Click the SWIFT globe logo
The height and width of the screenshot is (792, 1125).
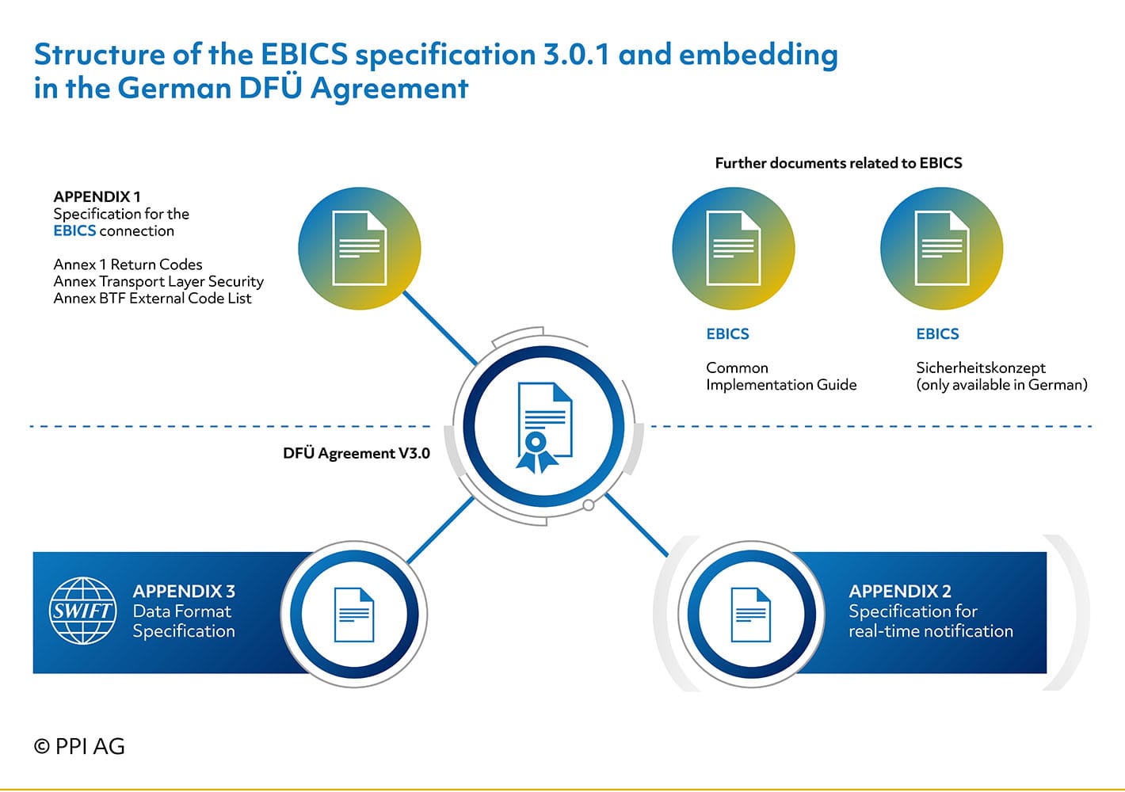tap(83, 611)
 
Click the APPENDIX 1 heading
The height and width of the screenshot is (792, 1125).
tap(97, 196)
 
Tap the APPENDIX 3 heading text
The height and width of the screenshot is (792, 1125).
tap(184, 591)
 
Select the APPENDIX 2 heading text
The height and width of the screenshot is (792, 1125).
tap(900, 591)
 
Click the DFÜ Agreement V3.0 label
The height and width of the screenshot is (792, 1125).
tap(357, 453)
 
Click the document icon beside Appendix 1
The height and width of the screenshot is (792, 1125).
tap(359, 248)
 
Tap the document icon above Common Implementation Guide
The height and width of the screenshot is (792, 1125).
tap(734, 248)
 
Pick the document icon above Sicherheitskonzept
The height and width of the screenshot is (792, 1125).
tap(942, 248)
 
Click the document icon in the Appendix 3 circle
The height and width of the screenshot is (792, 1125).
tap(354, 615)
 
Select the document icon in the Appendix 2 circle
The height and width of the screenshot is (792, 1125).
tap(751, 615)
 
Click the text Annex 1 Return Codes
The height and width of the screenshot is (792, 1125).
tap(128, 265)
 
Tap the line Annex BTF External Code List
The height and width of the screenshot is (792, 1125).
tap(152, 298)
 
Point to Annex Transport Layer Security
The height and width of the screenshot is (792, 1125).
tap(158, 281)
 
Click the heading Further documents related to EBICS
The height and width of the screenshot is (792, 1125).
tap(839, 162)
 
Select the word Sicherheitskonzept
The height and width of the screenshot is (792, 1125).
tap(981, 367)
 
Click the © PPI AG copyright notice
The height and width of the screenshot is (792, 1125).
tap(79, 746)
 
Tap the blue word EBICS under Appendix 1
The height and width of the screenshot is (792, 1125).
tap(74, 230)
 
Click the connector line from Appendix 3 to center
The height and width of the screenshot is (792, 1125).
tap(440, 531)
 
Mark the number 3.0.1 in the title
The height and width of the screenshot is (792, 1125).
tap(577, 54)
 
